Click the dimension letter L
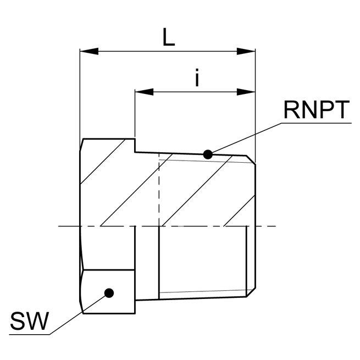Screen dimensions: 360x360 click(169, 37)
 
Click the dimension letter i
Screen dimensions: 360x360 click(197, 79)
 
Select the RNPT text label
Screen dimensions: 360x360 click(316, 110)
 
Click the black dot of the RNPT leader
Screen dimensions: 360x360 click(208, 154)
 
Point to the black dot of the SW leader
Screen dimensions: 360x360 click(109, 292)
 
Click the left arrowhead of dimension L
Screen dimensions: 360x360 click(88, 52)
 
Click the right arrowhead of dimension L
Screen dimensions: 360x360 click(247, 52)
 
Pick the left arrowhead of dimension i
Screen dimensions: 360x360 click(143, 91)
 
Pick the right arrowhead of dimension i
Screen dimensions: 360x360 click(247, 91)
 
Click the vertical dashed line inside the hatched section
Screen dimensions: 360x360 click(158, 187)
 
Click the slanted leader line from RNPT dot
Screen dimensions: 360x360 click(245, 139)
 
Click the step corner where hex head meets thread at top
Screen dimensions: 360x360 click(135, 152)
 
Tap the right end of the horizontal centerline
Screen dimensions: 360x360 click(275, 226)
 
